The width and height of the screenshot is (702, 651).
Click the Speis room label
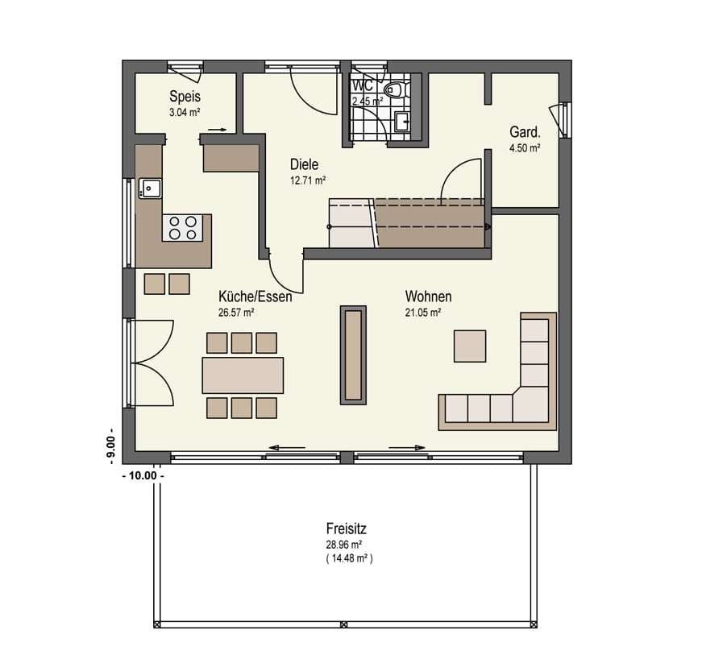pos(185,96)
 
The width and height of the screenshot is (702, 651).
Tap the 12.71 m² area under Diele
pos(308,180)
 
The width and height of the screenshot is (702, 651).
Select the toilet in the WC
pos(394,89)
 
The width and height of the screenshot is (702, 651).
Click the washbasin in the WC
pos(401,121)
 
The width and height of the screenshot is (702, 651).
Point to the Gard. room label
pos(525,132)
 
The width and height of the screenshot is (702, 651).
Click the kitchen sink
pos(150,189)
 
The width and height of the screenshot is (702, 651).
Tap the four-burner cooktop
pos(183,228)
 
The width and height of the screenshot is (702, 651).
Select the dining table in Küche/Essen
pos(243,375)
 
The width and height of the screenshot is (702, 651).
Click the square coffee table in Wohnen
pos(470,346)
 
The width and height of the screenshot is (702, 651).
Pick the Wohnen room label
pos(429,296)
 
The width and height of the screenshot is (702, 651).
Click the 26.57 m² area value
pos(236,313)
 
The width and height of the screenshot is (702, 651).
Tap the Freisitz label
pos(346,529)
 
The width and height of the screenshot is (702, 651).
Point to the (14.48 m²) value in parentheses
pos(349,558)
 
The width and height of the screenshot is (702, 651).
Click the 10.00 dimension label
pos(143,475)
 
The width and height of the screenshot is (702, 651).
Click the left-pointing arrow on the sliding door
pos(287,447)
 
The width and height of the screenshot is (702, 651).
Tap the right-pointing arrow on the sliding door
pos(407,447)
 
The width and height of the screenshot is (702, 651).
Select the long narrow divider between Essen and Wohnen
pos(353,355)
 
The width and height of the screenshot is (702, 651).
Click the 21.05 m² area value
pos(423,313)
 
